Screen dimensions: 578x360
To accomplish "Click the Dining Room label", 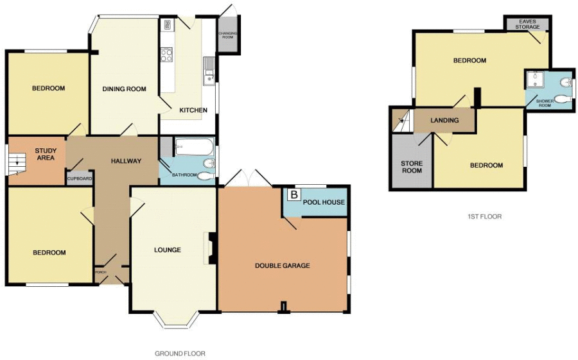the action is (x=124, y=89).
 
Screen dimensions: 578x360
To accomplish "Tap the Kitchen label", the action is (x=193, y=110).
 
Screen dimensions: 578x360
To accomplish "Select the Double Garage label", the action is (x=283, y=265).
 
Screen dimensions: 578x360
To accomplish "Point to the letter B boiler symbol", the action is (x=293, y=194).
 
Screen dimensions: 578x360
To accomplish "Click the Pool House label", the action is (x=324, y=202).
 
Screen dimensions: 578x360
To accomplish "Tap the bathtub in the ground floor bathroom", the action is (x=194, y=147).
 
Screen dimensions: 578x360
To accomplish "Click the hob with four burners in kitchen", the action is (x=166, y=55).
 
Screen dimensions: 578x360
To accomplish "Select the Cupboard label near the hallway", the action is (x=80, y=178).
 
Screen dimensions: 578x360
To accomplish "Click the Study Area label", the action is (x=46, y=154).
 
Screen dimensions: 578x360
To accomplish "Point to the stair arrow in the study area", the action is (x=16, y=161).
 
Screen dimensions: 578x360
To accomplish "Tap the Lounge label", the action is (x=168, y=250).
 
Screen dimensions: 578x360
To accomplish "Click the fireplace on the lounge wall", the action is (x=211, y=248).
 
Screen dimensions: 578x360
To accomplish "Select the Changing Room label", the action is (x=228, y=35).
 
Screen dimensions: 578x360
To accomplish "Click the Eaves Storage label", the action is (x=527, y=24).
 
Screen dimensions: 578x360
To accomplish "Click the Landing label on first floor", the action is (x=444, y=120).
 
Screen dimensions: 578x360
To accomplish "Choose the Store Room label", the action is (x=412, y=167).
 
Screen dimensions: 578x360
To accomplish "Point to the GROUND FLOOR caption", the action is (x=180, y=354).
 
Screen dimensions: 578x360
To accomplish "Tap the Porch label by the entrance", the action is (x=101, y=272).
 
